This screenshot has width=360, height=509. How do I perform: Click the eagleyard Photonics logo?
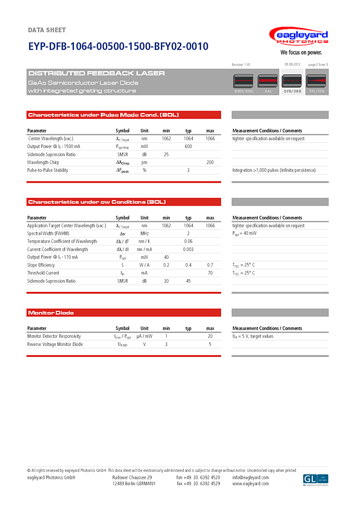click(298, 37)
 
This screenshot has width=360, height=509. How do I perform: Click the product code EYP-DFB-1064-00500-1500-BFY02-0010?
click(118, 46)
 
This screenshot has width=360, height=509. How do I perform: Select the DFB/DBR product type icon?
click(292, 83)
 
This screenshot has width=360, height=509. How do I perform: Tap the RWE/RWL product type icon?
click(244, 83)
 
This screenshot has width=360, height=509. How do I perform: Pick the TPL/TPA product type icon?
click(316, 83)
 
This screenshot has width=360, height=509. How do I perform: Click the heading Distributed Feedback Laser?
click(96, 73)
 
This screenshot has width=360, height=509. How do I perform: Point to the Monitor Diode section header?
click(51, 313)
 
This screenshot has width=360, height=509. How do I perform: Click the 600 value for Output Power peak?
click(188, 146)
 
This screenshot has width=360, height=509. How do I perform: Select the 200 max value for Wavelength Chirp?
click(210, 162)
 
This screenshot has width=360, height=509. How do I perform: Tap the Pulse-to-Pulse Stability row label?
click(48, 170)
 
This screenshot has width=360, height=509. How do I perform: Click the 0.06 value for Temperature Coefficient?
click(188, 241)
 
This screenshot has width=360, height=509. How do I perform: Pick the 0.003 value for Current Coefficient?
click(188, 249)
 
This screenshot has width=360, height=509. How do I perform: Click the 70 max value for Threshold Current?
click(210, 273)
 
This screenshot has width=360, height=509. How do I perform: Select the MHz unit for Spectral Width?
click(144, 234)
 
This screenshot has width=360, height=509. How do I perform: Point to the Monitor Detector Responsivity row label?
click(54, 336)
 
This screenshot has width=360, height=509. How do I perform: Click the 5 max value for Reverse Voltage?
click(210, 344)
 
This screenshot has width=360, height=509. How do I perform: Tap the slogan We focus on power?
click(301, 52)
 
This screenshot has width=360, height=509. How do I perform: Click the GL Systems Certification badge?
click(316, 480)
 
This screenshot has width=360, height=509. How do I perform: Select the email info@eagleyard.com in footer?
click(251, 478)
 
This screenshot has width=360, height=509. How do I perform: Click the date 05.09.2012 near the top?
click(292, 64)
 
